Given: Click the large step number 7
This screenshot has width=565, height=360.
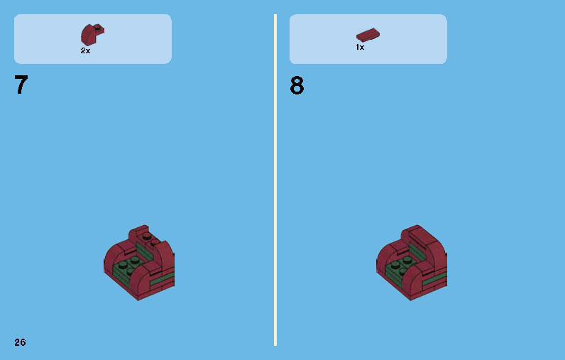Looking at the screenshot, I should (x=21, y=85).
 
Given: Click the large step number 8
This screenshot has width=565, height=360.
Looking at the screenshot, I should (x=297, y=86).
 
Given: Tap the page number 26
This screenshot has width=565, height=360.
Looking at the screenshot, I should (x=20, y=342).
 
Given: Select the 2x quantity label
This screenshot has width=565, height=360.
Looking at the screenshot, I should (x=85, y=51).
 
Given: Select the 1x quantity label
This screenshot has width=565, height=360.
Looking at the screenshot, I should (x=360, y=47).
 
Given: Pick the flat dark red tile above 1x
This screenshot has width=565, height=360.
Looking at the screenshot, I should (x=368, y=34).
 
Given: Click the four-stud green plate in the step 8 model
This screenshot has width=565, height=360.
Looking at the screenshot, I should (x=402, y=266).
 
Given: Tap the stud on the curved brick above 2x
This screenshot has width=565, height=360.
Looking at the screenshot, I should (x=98, y=28).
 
